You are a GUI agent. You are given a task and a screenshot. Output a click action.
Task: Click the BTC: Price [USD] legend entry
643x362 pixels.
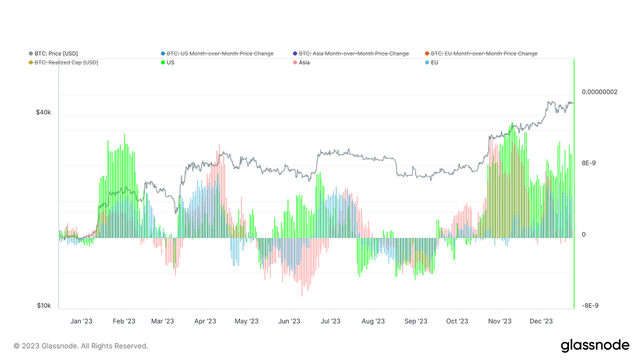(56, 54)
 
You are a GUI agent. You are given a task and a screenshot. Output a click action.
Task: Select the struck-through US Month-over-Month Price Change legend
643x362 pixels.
(220, 54)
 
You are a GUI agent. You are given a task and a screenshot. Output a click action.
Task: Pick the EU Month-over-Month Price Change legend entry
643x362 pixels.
(484, 54)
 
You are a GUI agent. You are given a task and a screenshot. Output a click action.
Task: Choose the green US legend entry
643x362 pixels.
(170, 62)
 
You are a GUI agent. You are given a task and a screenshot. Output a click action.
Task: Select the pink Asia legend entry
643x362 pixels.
(304, 62)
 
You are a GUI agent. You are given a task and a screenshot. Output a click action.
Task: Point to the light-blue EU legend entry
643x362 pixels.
(434, 62)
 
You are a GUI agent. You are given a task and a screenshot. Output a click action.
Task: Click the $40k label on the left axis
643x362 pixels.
(44, 113)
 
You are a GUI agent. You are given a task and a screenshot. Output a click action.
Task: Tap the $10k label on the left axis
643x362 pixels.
(44, 306)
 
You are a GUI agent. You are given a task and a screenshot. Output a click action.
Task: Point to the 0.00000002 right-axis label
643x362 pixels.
(599, 92)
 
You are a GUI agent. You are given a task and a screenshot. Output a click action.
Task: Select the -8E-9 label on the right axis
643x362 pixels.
(590, 306)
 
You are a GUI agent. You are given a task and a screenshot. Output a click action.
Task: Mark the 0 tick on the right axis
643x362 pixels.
(584, 235)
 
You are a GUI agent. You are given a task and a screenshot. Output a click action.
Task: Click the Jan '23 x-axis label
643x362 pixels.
(81, 321)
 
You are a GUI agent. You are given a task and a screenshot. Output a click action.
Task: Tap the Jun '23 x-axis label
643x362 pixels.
(289, 321)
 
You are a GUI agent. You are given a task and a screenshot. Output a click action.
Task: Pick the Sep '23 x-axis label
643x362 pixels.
(416, 321)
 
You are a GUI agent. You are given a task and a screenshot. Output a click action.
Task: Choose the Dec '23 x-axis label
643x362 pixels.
(541, 321)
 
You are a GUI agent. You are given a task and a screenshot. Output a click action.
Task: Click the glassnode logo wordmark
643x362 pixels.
(595, 345)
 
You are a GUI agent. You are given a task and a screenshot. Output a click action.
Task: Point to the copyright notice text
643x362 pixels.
(81, 346)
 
